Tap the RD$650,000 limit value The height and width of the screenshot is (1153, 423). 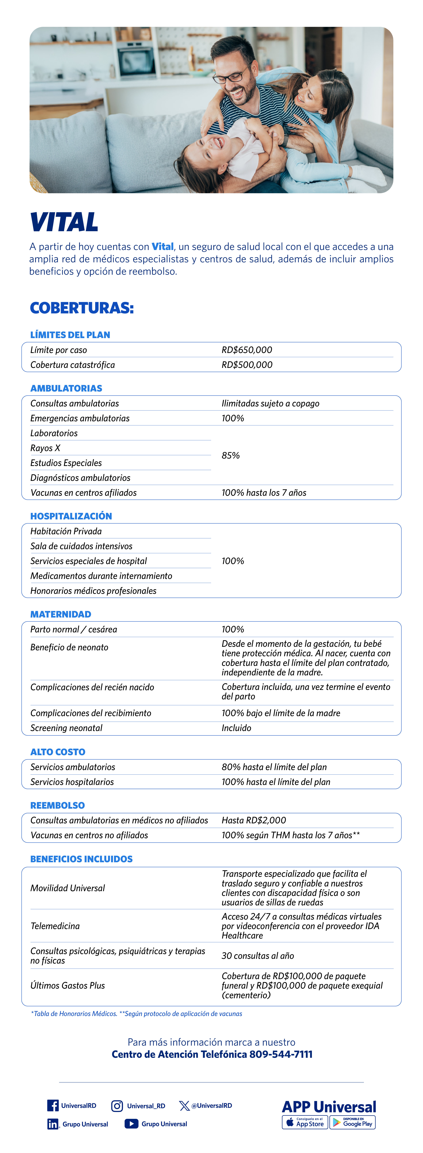(247, 350)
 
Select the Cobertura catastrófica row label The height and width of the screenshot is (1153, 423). (73, 365)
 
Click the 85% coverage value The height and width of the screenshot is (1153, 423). (230, 455)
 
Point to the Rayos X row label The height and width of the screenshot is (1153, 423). (45, 448)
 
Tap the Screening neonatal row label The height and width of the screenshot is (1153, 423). (66, 728)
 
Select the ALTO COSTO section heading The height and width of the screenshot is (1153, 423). (58, 752)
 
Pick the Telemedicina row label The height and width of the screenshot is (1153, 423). (55, 926)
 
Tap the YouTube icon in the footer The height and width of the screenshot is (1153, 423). (131, 1124)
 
